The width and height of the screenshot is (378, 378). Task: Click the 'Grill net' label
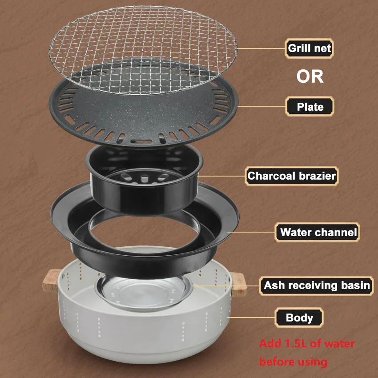(x=310, y=48)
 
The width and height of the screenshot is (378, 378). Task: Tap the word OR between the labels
(x=310, y=76)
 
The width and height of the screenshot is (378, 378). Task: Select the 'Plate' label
(x=310, y=107)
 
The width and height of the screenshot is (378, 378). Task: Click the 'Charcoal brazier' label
(x=292, y=176)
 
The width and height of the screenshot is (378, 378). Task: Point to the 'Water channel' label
(x=318, y=232)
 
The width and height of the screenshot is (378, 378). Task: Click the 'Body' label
(x=299, y=318)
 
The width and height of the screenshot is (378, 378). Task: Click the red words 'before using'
(x=293, y=362)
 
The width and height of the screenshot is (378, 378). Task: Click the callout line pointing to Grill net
(x=261, y=48)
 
